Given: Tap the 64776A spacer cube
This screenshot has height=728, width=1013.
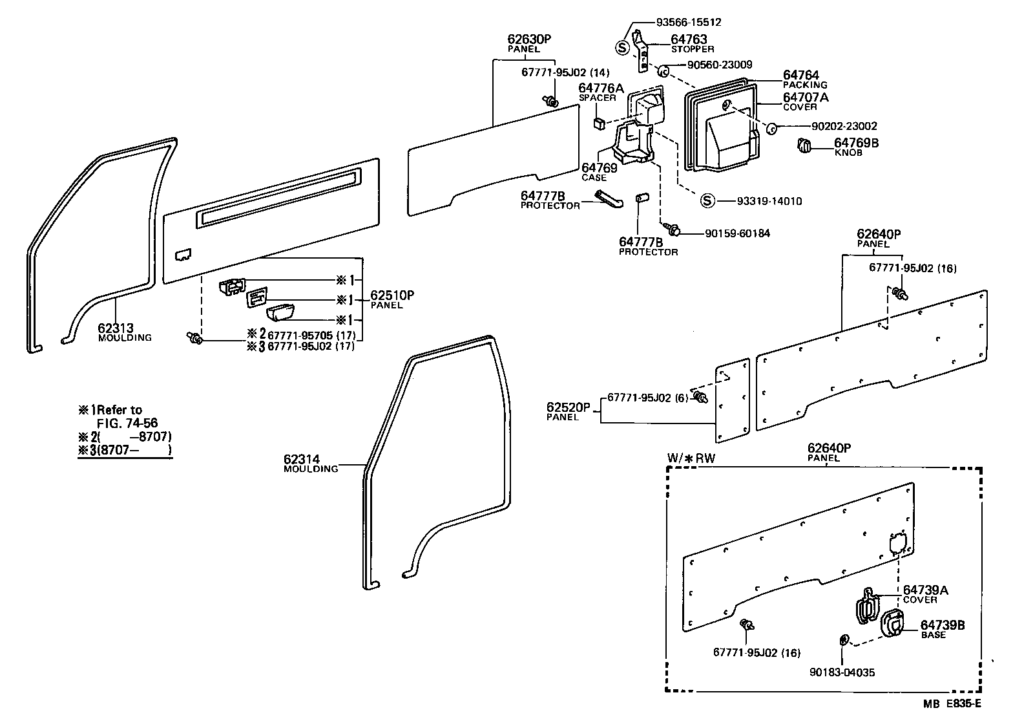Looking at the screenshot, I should [x=599, y=123].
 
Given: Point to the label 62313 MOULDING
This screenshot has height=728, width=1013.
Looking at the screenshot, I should [x=125, y=331].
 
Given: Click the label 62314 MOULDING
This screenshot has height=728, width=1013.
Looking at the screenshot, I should [x=310, y=463].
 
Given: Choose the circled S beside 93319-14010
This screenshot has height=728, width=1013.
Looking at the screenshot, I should [x=708, y=201].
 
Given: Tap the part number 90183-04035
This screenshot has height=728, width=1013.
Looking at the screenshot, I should [x=842, y=672].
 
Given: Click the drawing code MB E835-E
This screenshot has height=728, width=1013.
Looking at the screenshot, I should [x=951, y=703].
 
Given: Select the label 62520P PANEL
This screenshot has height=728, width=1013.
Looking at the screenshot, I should [x=569, y=411].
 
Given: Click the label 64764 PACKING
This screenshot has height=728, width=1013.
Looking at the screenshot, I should [x=805, y=80].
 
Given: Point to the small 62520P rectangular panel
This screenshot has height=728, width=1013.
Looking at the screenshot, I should [x=732, y=401].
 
